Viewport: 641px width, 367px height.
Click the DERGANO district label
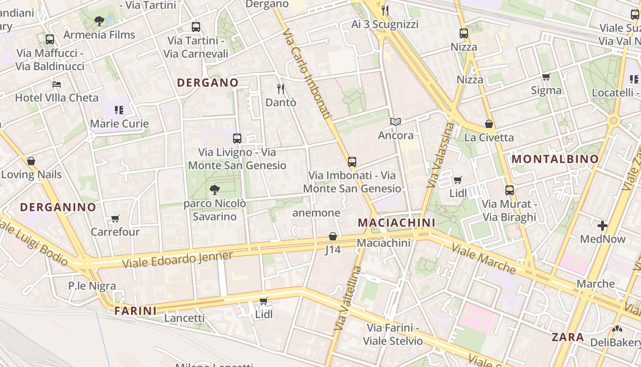tap(207, 83)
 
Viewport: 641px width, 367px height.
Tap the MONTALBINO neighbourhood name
tap(555, 159)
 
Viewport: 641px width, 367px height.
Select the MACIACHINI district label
tap(396, 222)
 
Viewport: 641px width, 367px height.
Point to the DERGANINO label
tap(58, 207)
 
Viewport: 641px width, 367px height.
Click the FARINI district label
tap(136, 311)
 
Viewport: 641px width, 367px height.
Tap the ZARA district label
tap(568, 337)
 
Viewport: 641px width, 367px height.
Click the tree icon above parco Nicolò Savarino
tap(214, 189)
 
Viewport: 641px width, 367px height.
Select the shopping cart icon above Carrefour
tap(115, 219)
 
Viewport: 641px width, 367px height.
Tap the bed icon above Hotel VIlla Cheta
tap(56, 84)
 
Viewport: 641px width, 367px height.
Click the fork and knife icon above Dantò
tap(281, 89)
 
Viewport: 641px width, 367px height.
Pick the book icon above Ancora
tap(396, 122)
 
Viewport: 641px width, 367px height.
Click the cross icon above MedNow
tap(602, 226)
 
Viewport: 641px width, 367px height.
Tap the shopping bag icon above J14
tap(333, 237)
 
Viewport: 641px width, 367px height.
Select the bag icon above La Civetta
tap(489, 124)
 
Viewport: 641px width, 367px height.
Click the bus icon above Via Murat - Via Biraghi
tap(509, 190)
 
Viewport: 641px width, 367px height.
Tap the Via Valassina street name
tap(440, 155)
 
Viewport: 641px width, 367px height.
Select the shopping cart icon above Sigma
tap(546, 77)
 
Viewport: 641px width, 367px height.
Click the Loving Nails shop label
tap(31, 174)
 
